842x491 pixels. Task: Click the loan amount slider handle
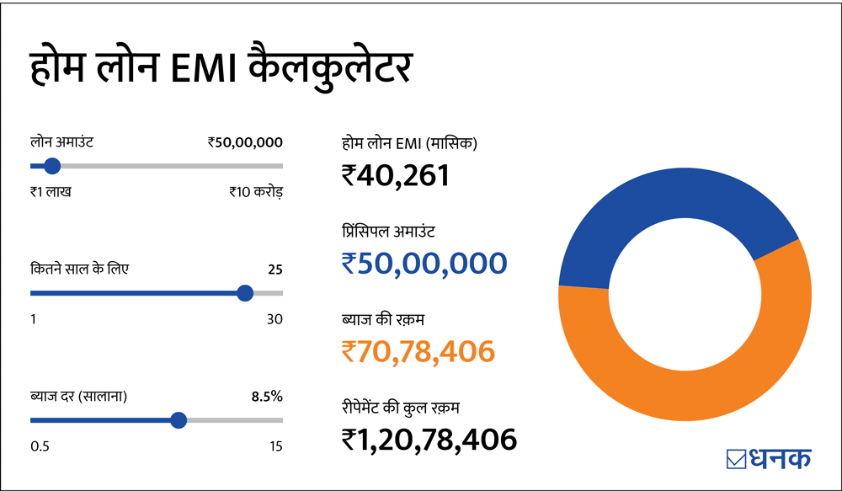(x=51, y=166)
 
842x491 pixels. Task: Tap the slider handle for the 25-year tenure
(x=245, y=293)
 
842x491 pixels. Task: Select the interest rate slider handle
(x=178, y=420)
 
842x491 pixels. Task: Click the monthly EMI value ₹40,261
(x=396, y=175)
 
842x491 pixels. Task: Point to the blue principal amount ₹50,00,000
(x=424, y=263)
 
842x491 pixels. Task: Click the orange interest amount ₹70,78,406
(x=418, y=350)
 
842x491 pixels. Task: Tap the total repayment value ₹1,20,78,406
(x=429, y=439)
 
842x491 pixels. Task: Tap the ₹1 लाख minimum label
(x=51, y=192)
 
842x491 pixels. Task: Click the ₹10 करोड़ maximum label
(x=256, y=192)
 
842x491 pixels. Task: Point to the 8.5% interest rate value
(x=267, y=396)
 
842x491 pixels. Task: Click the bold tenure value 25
(x=274, y=270)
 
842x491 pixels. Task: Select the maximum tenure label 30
(x=274, y=319)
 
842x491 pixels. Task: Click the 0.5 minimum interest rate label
(x=40, y=446)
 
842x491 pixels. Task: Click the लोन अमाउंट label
(x=61, y=142)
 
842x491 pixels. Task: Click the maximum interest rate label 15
(x=276, y=446)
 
